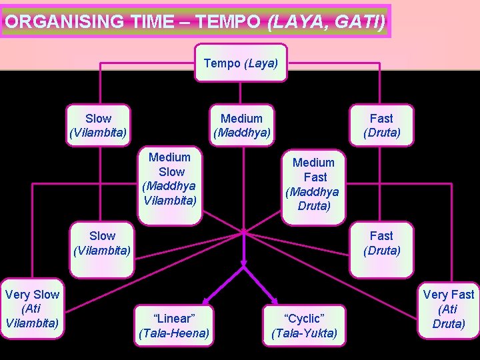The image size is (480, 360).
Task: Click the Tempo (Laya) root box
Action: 241,63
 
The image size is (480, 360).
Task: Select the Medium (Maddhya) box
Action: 241,125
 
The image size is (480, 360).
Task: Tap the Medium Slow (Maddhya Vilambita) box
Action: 169,178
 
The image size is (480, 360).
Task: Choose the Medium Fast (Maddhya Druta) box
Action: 313,183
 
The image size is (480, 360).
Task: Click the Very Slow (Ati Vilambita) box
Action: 32,309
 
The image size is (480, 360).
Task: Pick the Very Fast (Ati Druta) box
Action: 449,309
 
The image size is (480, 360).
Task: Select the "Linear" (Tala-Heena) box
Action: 173,325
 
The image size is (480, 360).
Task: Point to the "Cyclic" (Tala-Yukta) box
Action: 305,325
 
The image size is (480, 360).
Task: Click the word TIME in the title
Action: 154,21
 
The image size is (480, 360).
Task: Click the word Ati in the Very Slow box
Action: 32,309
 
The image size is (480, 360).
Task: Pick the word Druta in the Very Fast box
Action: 449,323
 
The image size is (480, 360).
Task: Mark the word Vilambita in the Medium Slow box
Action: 169,199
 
